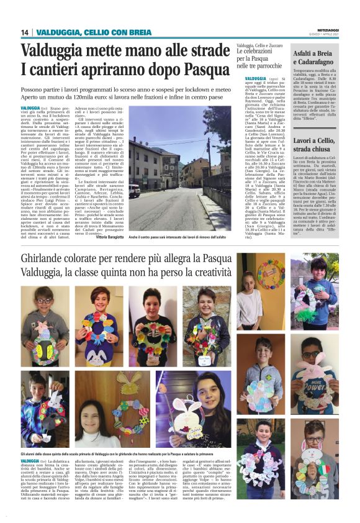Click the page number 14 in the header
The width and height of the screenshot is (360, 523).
point(25,32)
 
